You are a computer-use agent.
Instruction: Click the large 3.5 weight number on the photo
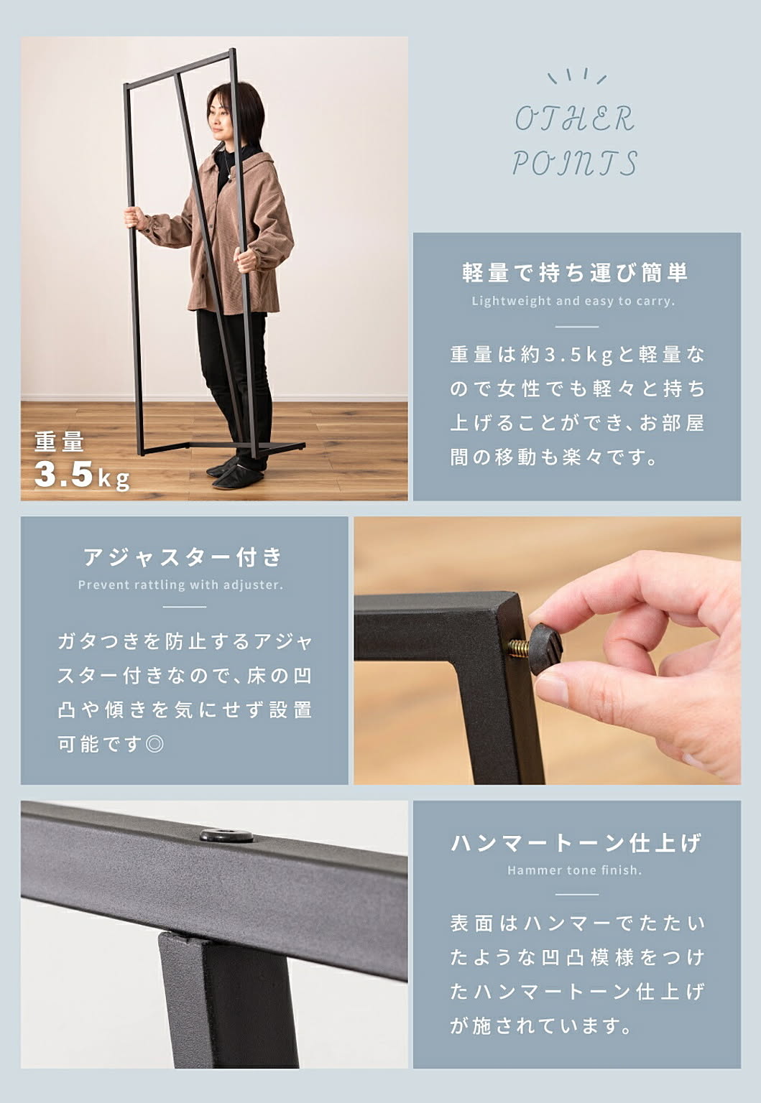[x=63, y=474]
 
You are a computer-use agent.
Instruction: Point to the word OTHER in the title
[x=575, y=119]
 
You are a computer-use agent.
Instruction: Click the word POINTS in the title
[x=575, y=163]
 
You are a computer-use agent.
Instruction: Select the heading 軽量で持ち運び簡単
[x=575, y=272]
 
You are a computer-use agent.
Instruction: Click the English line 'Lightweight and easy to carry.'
[x=573, y=301]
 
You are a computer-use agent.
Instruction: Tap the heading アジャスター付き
[x=183, y=557]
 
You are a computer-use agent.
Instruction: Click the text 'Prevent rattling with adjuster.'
[x=181, y=585]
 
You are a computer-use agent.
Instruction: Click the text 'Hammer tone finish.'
[x=575, y=870]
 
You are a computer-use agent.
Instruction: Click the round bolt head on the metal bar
[x=226, y=836]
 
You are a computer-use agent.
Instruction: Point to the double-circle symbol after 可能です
[x=154, y=744]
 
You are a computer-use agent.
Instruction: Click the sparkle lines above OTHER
[x=576, y=76]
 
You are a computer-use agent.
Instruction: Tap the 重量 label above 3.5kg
[x=59, y=442]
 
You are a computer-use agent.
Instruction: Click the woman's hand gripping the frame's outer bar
[x=134, y=217]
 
